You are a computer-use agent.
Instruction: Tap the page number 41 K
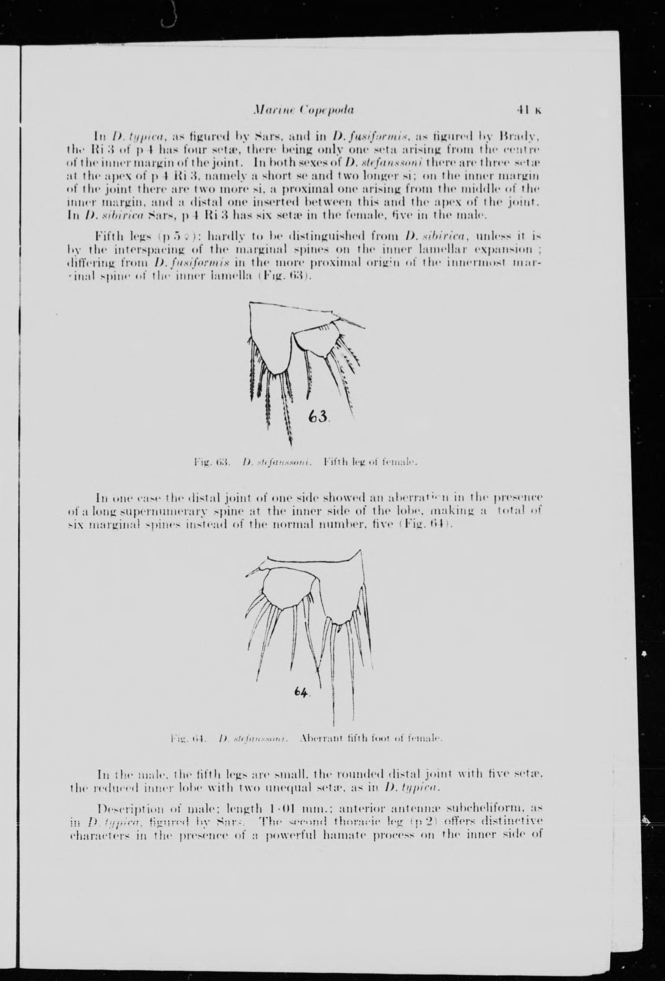pos(528,111)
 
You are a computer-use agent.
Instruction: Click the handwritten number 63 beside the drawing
pos(319,417)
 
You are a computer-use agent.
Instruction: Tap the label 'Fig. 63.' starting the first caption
pos(211,462)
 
